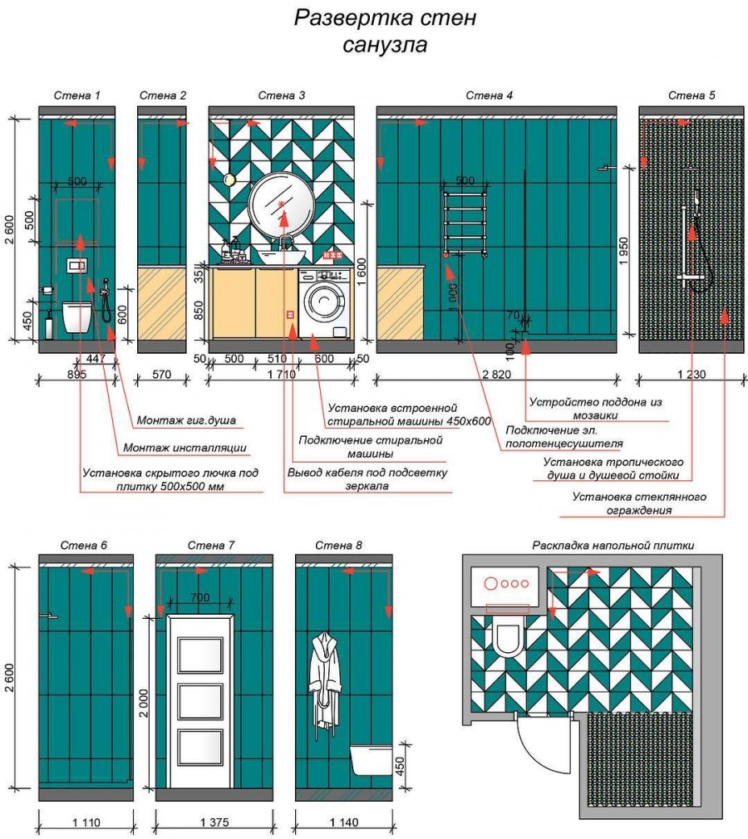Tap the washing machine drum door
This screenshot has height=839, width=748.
click(x=320, y=303)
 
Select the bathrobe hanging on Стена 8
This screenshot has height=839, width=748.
click(x=325, y=680)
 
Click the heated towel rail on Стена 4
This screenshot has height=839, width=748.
click(x=465, y=223)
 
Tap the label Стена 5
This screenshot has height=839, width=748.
click(x=691, y=96)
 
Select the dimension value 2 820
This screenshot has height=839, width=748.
click(x=497, y=374)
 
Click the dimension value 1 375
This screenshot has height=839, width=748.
click(x=214, y=822)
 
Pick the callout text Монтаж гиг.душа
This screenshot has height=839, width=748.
click(x=186, y=420)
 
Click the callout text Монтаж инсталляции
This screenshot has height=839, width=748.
click(x=185, y=448)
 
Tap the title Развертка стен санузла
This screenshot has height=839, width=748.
click(x=385, y=31)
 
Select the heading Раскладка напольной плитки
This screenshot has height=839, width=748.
click(x=613, y=545)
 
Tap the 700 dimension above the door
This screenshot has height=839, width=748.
click(x=199, y=597)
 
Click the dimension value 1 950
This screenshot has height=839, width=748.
click(x=623, y=252)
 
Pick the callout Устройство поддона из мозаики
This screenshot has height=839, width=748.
click(x=595, y=408)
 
